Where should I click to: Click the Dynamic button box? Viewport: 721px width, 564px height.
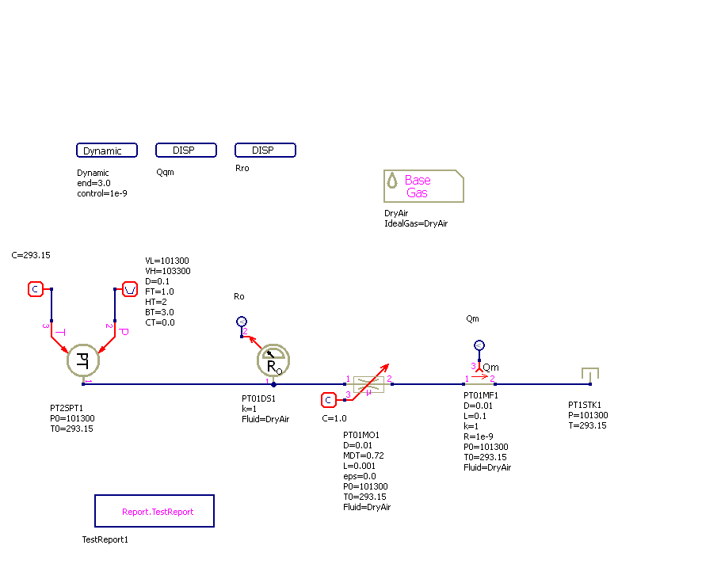[107, 151]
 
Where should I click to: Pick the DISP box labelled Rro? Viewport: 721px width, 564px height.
[265, 151]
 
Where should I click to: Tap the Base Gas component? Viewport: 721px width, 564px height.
[423, 186]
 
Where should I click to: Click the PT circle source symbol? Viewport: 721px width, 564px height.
[83, 360]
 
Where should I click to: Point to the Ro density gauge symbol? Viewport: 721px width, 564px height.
[273, 361]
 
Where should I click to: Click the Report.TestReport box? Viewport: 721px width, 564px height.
[154, 511]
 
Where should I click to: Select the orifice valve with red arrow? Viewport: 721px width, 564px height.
[368, 383]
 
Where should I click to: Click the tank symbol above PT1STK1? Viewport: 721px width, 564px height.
[589, 373]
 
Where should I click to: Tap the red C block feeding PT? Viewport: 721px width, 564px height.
[36, 289]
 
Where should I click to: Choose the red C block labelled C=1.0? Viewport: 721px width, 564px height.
[329, 400]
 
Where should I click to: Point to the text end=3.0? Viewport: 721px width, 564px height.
[93, 183]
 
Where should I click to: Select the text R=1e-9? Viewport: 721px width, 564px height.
[480, 436]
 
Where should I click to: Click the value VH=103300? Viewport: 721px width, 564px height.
[167, 271]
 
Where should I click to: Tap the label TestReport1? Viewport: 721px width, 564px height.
[105, 539]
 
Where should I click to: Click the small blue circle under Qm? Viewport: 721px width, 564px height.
[479, 345]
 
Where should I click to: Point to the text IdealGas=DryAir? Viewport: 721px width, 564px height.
[416, 223]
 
